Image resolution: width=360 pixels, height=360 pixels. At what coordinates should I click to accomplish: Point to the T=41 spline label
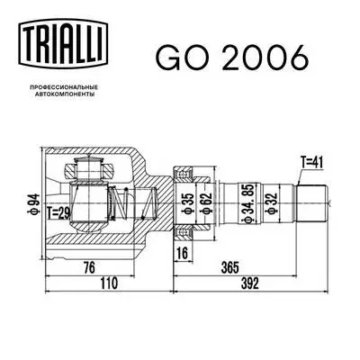click(310, 162)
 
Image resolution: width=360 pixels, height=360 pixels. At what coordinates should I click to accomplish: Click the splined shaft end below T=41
click(312, 199)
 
